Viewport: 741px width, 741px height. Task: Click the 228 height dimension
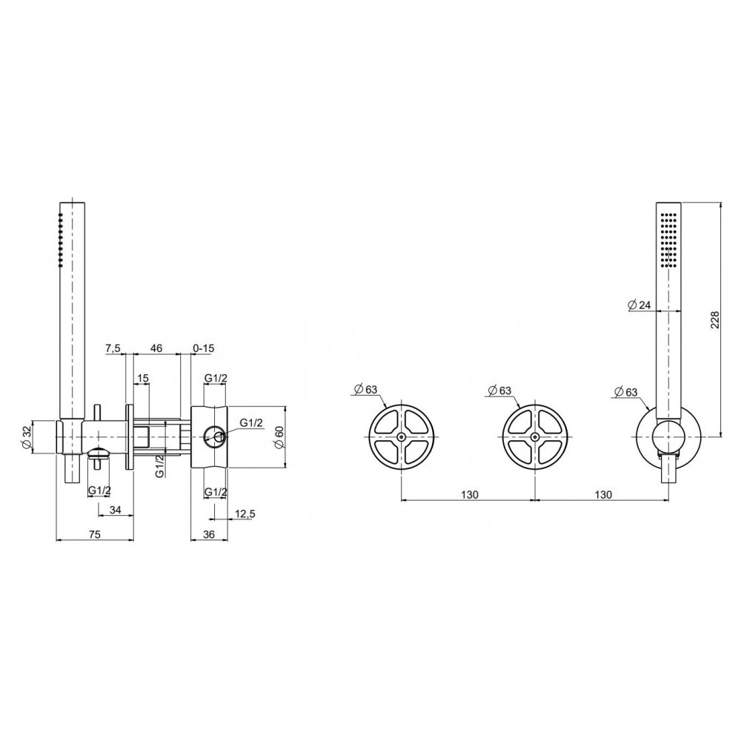coord(714,320)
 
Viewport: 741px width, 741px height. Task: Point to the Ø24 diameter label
coord(639,305)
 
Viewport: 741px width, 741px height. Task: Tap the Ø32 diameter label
coord(27,437)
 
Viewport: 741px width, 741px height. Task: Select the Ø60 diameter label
coord(279,437)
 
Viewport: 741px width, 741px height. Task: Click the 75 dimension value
coord(95,534)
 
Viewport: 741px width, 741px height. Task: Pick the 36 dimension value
coord(208,534)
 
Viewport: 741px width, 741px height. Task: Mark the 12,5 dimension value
coord(245,514)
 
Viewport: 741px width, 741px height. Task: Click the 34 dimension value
coord(116,510)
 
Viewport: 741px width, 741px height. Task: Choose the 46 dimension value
coord(156,348)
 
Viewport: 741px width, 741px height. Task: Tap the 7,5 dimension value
coord(113,349)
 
